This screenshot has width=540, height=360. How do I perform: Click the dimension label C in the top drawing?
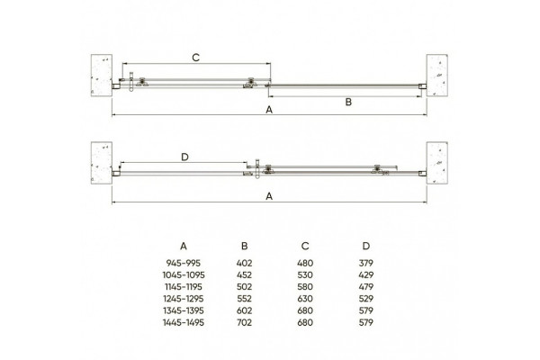pyautogui.click(x=195, y=58)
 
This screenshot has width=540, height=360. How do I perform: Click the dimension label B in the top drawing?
pyautogui.click(x=348, y=102)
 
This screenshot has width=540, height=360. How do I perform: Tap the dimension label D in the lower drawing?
pyautogui.click(x=184, y=157)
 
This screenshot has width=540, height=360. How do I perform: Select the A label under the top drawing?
pyautogui.click(x=269, y=110)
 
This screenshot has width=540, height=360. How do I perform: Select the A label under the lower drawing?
pyautogui.click(x=269, y=196)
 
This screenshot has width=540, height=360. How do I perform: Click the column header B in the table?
pyautogui.click(x=244, y=246)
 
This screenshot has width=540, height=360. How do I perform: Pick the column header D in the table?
pyautogui.click(x=365, y=246)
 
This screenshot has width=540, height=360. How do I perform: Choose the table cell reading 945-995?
pyautogui.click(x=184, y=263)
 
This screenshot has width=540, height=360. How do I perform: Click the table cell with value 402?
pyautogui.click(x=244, y=263)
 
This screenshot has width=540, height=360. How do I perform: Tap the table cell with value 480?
pyautogui.click(x=305, y=263)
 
